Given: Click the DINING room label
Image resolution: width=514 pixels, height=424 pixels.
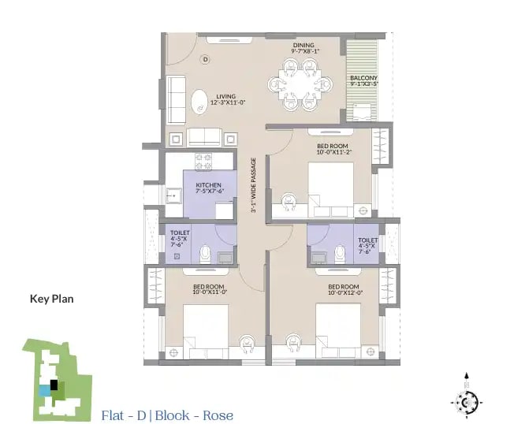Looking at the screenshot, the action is pyautogui.click(x=304, y=45).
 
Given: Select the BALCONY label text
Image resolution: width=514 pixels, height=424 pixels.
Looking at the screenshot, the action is pyautogui.click(x=363, y=78).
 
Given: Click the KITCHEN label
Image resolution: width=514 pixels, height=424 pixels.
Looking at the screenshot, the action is pyautogui.click(x=208, y=184).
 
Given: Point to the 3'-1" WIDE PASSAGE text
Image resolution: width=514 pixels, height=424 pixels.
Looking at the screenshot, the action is pyautogui.click(x=253, y=185).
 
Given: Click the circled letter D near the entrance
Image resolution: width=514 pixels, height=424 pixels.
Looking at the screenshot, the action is pyautogui.click(x=206, y=59).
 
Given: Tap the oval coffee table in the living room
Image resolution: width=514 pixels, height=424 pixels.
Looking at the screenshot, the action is pyautogui.click(x=199, y=102).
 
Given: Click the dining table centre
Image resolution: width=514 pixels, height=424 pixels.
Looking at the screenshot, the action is pyautogui.click(x=300, y=85).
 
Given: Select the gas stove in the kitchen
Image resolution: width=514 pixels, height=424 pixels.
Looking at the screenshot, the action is pyautogui.click(x=203, y=162).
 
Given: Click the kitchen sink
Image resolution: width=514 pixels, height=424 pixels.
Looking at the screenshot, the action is pyautogui.click(x=173, y=196).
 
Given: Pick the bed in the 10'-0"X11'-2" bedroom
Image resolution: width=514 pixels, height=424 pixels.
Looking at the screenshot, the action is pyautogui.click(x=331, y=190).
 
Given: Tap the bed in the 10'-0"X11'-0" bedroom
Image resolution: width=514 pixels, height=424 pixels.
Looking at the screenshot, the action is pyautogui.click(x=206, y=332).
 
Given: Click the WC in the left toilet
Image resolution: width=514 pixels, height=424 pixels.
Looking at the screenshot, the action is pyautogui.click(x=206, y=254).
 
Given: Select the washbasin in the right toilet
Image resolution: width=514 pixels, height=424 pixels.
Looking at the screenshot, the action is pyautogui.click(x=318, y=257).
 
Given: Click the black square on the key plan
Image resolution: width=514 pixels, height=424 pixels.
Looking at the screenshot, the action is pyautogui.click(x=54, y=385).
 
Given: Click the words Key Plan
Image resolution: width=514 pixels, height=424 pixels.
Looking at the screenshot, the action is pyautogui.click(x=52, y=299).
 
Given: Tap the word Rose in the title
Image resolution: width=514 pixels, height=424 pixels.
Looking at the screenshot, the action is pyautogui.click(x=218, y=415).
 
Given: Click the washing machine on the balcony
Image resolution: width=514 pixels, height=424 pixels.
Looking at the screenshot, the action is pyautogui.click(x=362, y=113).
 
